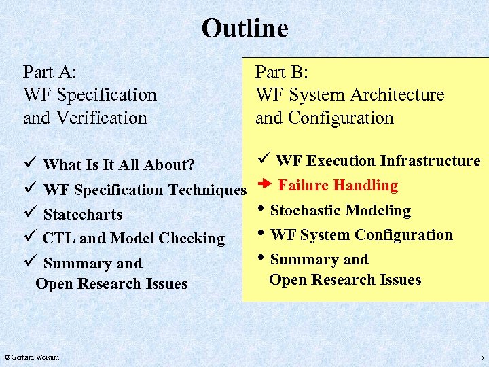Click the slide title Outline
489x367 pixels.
click(x=244, y=29)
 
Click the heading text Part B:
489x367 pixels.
click(x=281, y=72)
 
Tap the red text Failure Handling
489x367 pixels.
click(x=338, y=185)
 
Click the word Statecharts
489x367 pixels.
click(x=83, y=214)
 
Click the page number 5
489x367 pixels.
click(x=482, y=357)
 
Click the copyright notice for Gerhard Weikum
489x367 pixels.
click(x=31, y=357)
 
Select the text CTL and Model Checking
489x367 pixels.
click(x=133, y=238)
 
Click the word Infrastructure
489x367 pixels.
click(x=430, y=160)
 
